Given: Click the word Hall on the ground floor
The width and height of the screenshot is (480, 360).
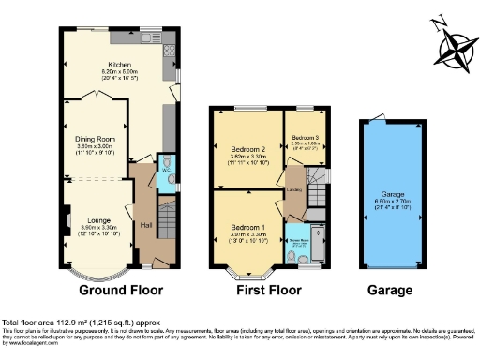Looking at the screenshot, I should point(146,225).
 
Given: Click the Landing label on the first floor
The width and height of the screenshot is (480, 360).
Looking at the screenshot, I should point(293,190).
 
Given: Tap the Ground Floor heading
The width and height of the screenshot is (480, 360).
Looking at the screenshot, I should point(106,291).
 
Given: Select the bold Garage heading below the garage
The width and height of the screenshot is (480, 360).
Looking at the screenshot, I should point(389,291).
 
